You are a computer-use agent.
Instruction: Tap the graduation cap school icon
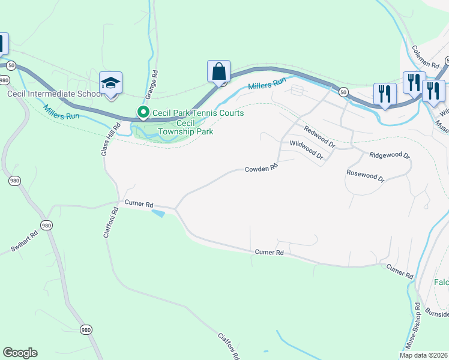coord(110,83)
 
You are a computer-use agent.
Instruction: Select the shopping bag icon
coord(219,71)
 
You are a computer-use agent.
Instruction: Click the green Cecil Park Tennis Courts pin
coord(143,112)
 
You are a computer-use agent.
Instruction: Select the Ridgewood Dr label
coord(389,155)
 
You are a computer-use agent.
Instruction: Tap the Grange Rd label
coord(151,85)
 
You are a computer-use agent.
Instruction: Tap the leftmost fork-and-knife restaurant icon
coord(384,94)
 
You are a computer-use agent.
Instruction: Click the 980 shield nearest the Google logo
coord(86,329)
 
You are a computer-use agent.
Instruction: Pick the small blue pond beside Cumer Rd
coord(158,213)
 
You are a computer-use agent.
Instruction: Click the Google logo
coord(20,353)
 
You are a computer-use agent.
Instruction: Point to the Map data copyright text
coord(424,355)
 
